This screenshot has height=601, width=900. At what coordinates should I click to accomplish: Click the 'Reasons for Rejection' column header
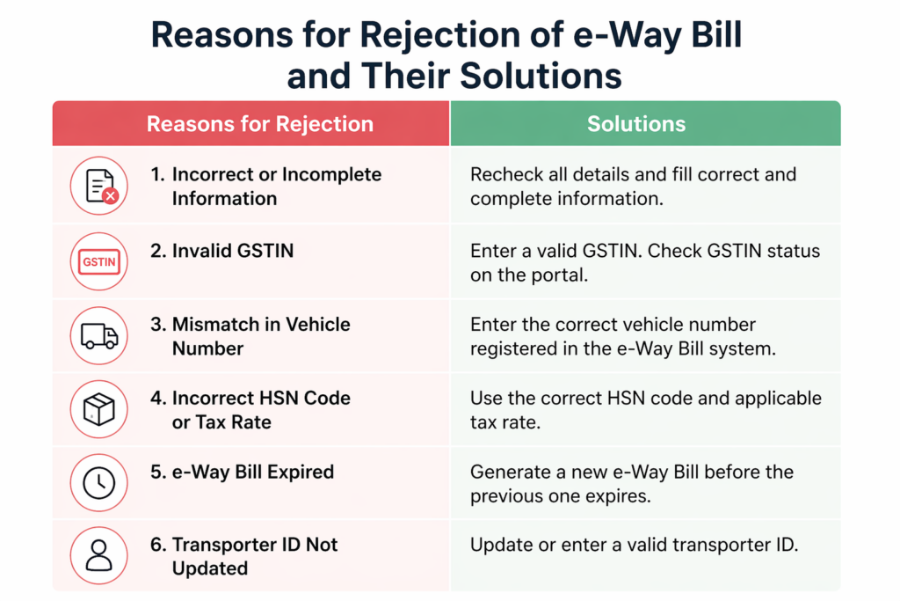click(259, 124)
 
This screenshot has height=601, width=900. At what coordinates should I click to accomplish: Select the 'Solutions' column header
click(636, 124)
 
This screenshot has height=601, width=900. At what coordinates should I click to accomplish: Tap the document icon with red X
click(98, 187)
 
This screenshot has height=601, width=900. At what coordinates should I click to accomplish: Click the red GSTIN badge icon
click(98, 261)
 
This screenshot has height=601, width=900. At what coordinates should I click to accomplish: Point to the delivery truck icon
click(98, 336)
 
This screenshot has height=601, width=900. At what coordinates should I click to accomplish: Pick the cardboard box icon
click(98, 410)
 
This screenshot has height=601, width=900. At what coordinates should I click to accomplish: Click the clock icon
click(98, 483)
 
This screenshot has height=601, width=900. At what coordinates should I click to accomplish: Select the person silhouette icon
click(98, 556)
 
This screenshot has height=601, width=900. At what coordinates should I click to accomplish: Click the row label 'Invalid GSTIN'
click(221, 251)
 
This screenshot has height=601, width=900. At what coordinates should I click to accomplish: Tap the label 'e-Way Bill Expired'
click(242, 473)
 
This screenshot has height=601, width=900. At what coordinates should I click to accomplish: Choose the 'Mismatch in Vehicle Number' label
click(250, 336)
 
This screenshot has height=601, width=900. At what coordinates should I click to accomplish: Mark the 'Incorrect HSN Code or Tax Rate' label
click(250, 410)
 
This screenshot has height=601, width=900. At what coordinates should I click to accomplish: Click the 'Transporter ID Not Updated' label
click(243, 556)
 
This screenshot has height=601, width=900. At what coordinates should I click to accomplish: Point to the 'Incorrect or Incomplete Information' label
click(265, 187)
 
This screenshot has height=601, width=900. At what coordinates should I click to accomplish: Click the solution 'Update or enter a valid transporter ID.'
click(634, 546)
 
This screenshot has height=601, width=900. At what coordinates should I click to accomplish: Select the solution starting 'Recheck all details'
click(633, 187)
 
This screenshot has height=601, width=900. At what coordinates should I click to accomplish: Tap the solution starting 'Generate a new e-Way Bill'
click(632, 483)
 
